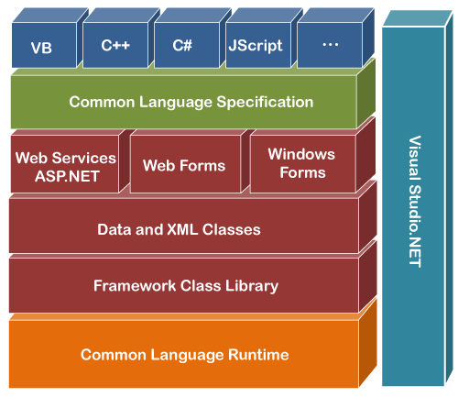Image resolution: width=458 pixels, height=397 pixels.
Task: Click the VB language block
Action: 41,46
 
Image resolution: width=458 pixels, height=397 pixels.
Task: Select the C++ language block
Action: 114,46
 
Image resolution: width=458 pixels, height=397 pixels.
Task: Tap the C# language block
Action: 184,46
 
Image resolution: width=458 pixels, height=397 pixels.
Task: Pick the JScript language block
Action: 256,46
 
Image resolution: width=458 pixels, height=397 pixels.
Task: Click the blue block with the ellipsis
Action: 329,46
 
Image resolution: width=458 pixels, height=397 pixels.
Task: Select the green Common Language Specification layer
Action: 191,102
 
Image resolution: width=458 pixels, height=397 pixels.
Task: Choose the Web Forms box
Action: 183,166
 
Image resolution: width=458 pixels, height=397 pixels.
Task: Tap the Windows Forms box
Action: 301,163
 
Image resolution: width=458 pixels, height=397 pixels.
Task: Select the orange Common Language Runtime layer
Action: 184,354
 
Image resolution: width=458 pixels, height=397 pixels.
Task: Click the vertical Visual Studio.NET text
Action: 414,202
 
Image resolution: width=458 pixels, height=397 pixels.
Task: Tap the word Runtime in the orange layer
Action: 258,354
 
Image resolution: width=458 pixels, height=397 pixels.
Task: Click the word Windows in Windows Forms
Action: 301,154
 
